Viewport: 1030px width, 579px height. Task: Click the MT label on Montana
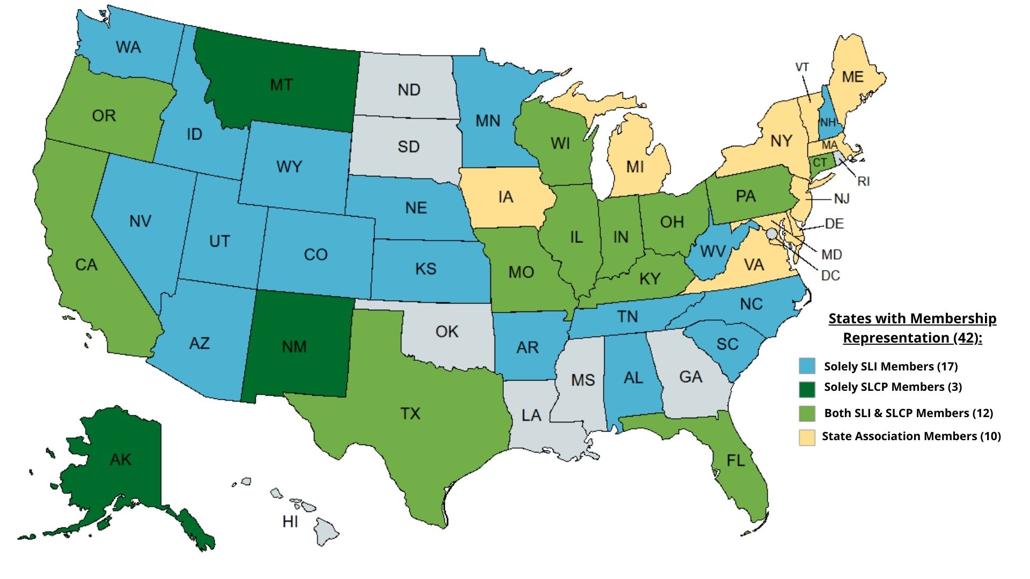click(281, 85)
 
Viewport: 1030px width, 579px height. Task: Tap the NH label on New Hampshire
click(828, 123)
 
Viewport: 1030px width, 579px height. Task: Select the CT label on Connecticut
click(820, 162)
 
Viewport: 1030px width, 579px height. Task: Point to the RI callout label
click(863, 182)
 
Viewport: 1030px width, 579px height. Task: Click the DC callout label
click(830, 276)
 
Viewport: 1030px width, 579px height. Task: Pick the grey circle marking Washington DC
click(771, 234)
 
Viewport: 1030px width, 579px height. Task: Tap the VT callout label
click(802, 67)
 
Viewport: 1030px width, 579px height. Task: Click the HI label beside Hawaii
click(290, 521)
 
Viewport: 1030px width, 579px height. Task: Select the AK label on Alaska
click(120, 459)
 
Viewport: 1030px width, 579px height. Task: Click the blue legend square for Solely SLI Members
click(807, 366)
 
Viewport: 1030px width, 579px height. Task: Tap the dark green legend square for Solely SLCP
click(807, 389)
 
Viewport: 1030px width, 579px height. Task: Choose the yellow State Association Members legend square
click(807, 437)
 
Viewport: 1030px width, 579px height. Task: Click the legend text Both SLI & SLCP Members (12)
click(908, 413)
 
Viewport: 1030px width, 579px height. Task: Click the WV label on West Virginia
click(713, 251)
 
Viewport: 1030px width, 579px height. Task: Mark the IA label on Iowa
click(505, 197)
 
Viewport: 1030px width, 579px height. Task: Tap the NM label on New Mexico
click(294, 347)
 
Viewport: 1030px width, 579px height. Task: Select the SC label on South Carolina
click(727, 344)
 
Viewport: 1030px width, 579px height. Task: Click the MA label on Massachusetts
click(829, 145)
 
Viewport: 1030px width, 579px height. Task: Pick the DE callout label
click(834, 223)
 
